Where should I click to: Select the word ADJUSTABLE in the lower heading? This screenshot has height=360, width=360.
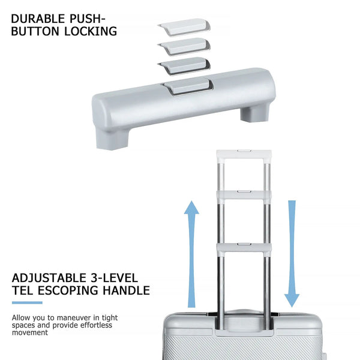pyautogui.click(x=49, y=278)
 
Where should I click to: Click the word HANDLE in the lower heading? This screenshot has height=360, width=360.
pyautogui.click(x=126, y=290)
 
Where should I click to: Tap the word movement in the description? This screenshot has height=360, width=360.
pyautogui.click(x=30, y=332)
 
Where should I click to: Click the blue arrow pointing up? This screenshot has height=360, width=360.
pyautogui.click(x=191, y=254)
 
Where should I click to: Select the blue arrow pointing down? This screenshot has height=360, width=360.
pyautogui.click(x=292, y=254)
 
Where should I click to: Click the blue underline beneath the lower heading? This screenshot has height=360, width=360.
pyautogui.click(x=27, y=302)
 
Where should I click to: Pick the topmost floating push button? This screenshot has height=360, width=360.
pyautogui.click(x=184, y=27)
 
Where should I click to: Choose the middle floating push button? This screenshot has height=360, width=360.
pyautogui.click(x=184, y=47)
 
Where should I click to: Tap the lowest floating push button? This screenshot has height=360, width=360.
pyautogui.click(x=184, y=66)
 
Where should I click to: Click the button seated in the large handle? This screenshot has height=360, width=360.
pyautogui.click(x=188, y=86)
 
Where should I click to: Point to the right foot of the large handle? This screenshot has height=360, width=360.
pyautogui.click(x=254, y=114)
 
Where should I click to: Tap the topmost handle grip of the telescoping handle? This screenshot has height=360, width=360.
pyautogui.click(x=244, y=154)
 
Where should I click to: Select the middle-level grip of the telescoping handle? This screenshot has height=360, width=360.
pyautogui.click(x=244, y=195)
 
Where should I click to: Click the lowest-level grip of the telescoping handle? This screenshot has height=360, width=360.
pyautogui.click(x=244, y=248)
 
